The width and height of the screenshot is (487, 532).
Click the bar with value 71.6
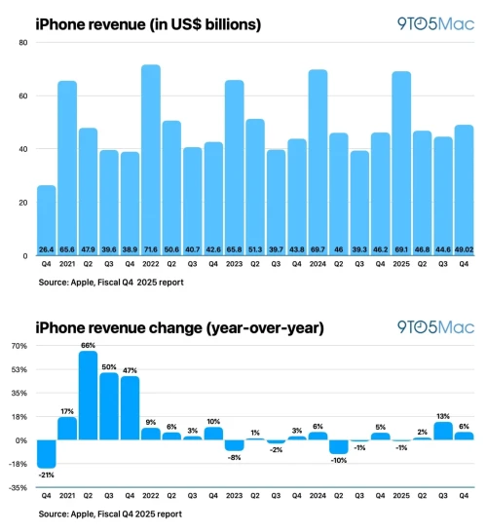[151, 156]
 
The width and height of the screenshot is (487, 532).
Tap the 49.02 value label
[464, 249]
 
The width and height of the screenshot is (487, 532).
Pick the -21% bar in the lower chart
[46, 454]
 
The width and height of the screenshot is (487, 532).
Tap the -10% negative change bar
[338, 447]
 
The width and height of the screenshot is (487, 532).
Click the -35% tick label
[19, 487]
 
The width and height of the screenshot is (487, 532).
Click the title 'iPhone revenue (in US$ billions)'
[148, 20]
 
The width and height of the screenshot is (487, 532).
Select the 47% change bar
[130, 408]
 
